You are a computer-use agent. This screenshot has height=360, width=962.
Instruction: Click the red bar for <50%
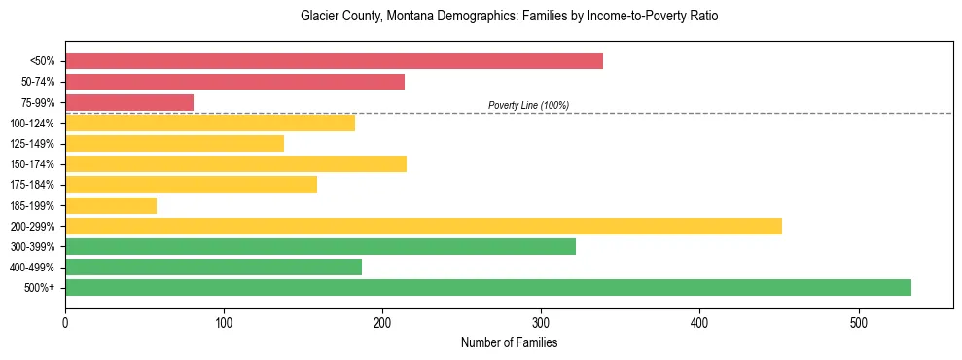(334, 61)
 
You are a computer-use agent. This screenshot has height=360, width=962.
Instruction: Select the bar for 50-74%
(234, 82)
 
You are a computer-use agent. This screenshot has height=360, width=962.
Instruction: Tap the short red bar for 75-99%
(129, 102)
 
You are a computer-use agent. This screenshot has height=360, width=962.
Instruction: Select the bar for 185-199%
(111, 205)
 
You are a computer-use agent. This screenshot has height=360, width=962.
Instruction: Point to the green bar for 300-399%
(320, 246)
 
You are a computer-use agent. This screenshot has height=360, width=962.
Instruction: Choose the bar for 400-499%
(213, 267)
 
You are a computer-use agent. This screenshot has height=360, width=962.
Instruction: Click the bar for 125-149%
(174, 143)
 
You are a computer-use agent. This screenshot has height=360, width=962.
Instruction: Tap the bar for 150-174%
(235, 163)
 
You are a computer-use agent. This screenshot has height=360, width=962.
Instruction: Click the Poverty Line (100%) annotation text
(528, 105)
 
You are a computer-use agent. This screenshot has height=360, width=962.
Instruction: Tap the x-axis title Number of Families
(509, 342)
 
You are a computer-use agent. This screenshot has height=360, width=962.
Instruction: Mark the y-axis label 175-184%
(32, 185)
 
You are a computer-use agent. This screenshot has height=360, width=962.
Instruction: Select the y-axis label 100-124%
(32, 123)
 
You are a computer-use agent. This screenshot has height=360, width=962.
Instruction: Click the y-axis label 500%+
(39, 288)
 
